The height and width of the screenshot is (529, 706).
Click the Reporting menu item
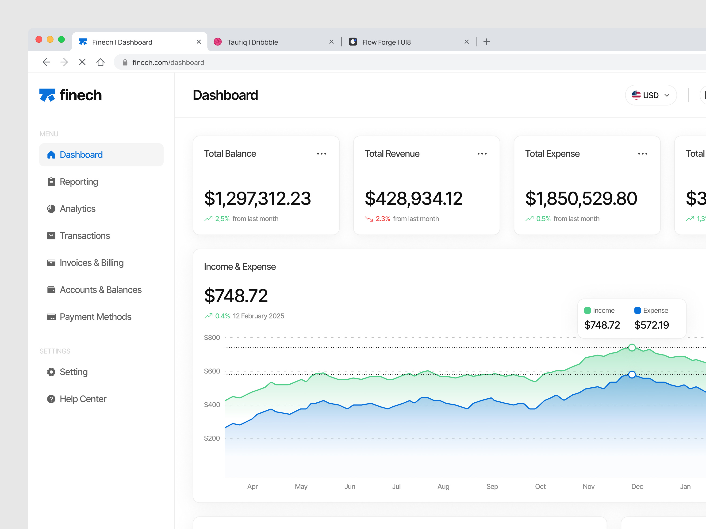(x=79, y=182)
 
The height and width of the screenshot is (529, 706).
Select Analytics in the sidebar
(x=77, y=209)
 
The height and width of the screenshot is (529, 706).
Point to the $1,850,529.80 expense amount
(x=581, y=198)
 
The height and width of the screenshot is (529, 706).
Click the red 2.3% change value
(x=383, y=219)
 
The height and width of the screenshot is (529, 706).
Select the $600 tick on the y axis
(x=212, y=371)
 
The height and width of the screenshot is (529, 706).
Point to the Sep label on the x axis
(x=492, y=487)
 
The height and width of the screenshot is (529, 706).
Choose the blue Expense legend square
(x=637, y=310)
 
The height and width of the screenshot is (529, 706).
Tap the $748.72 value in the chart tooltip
(x=602, y=325)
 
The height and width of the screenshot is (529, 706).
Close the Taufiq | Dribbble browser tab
(x=331, y=42)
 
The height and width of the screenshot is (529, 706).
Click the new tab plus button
(x=486, y=42)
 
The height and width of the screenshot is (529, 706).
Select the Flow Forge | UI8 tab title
(x=386, y=42)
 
